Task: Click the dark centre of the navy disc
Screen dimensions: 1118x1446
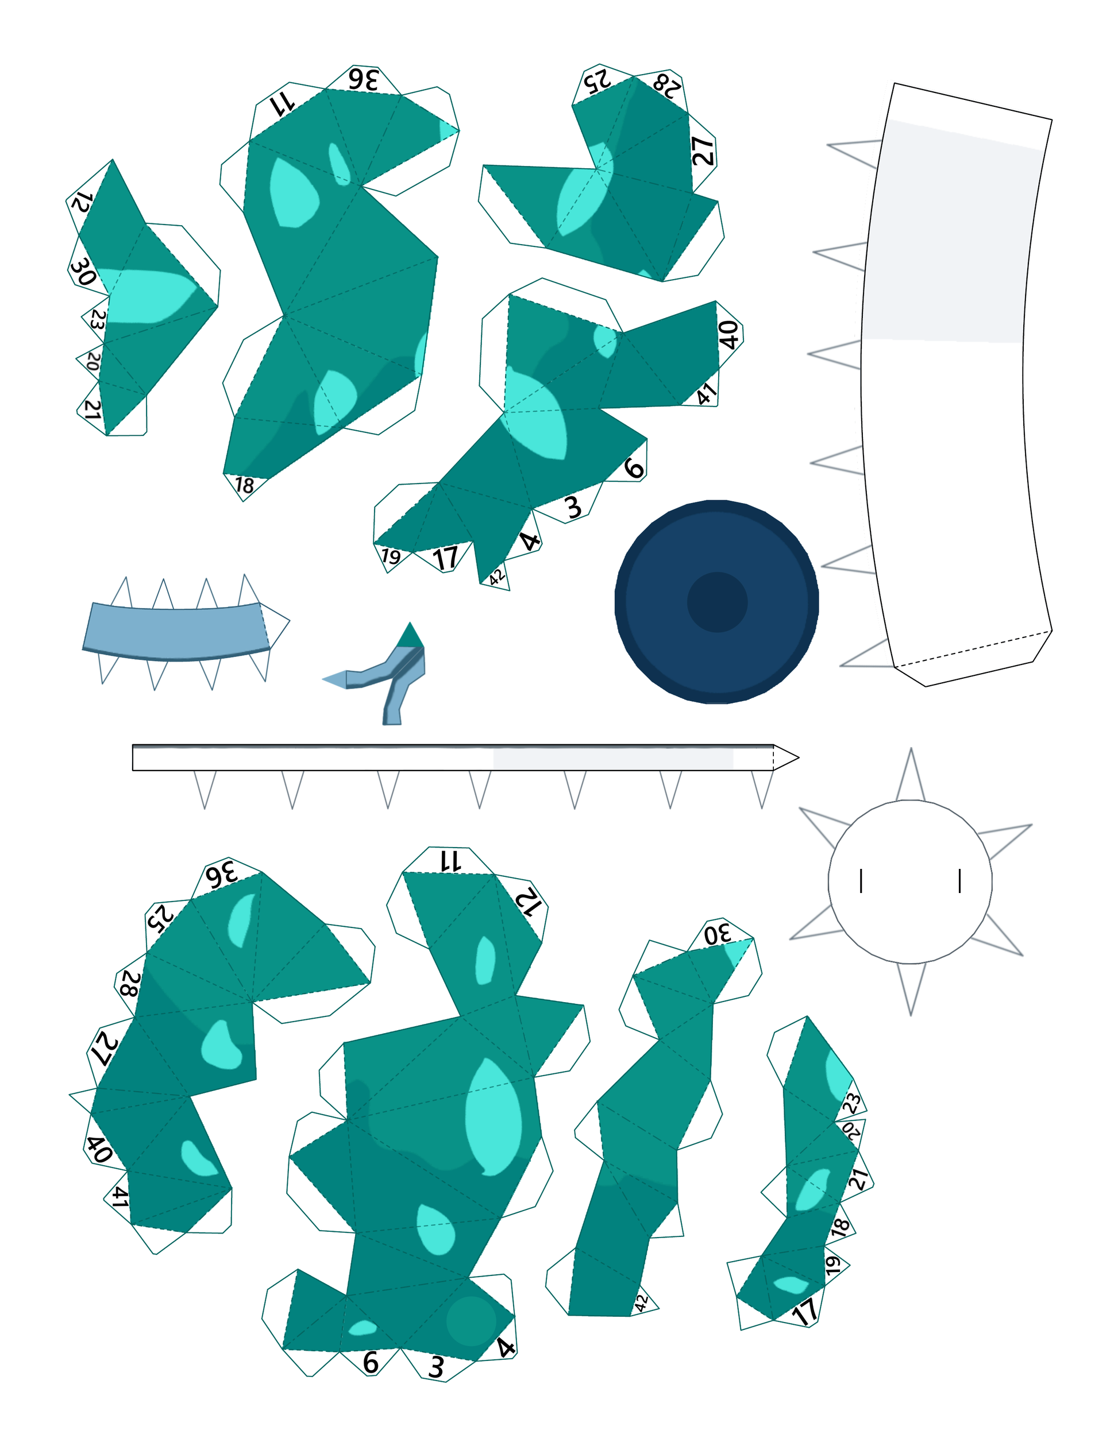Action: [x=718, y=602]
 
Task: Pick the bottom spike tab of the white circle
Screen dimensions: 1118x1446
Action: [x=911, y=988]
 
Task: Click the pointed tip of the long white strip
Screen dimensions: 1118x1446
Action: [x=798, y=757]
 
